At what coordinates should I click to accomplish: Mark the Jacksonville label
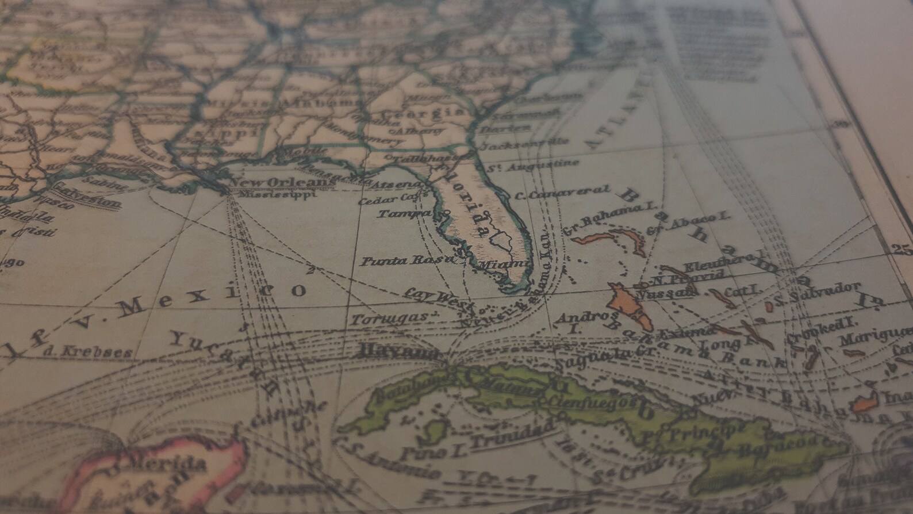coord(523,144)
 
